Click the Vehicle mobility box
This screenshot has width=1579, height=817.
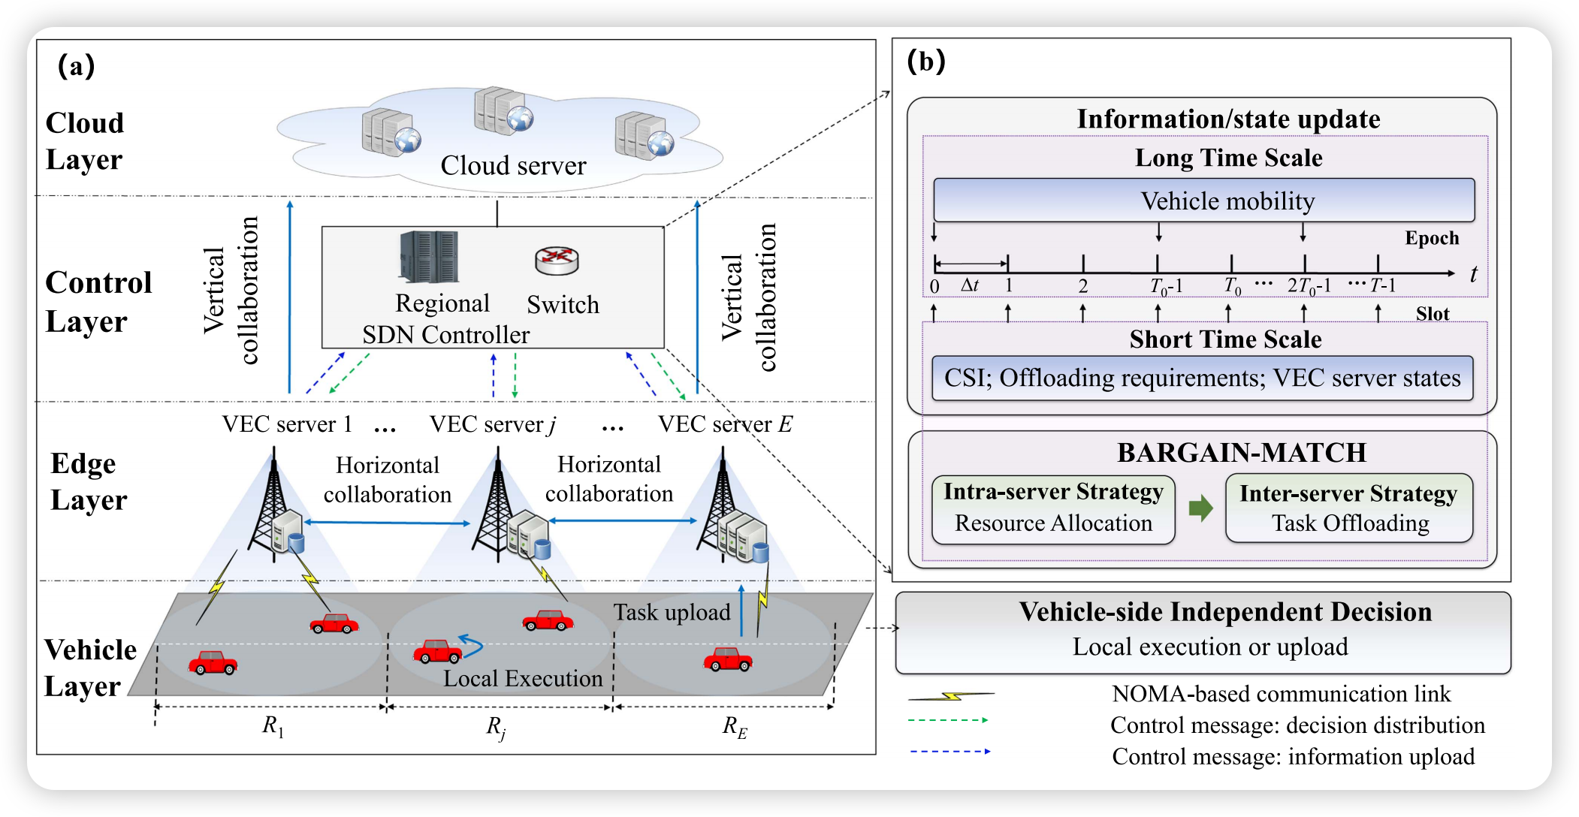tap(1203, 200)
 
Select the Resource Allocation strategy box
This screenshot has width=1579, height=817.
tap(1053, 510)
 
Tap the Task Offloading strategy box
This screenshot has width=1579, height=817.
tap(1349, 508)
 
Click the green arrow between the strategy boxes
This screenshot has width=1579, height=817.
tap(1201, 508)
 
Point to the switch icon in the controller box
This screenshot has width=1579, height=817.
tap(557, 261)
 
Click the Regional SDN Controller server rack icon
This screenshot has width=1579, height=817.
tap(429, 257)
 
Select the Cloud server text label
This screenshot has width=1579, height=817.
tap(513, 166)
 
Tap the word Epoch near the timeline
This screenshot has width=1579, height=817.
tap(1432, 238)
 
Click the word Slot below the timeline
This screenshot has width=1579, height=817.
tap(1432, 314)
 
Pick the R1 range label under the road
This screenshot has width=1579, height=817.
tap(273, 726)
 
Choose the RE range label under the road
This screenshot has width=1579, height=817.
tap(735, 726)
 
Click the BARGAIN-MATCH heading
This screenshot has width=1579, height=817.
tap(1241, 453)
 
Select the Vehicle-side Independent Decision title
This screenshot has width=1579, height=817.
tap(1225, 612)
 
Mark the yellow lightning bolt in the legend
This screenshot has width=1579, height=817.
tap(951, 696)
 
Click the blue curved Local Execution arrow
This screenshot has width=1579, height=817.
tap(471, 645)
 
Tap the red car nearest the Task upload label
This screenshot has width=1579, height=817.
tap(727, 659)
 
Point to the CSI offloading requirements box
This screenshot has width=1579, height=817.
tap(1202, 378)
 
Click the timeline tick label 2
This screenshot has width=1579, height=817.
tap(1082, 286)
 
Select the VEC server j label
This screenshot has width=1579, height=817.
tap(493, 424)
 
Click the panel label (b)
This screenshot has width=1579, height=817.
tap(925, 62)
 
